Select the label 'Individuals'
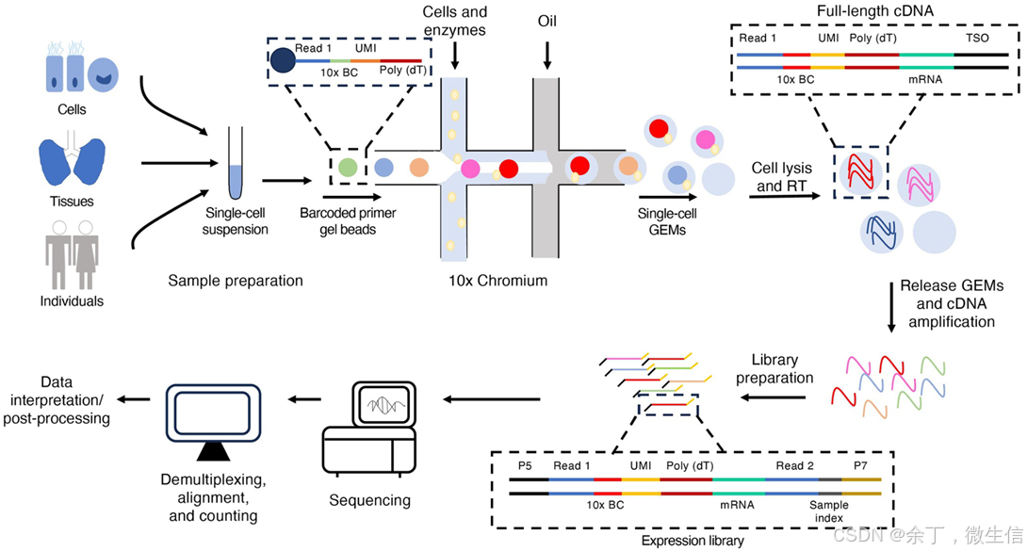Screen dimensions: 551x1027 point(72,301)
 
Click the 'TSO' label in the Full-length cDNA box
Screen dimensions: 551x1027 point(978,39)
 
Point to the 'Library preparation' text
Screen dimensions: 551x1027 point(775,369)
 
